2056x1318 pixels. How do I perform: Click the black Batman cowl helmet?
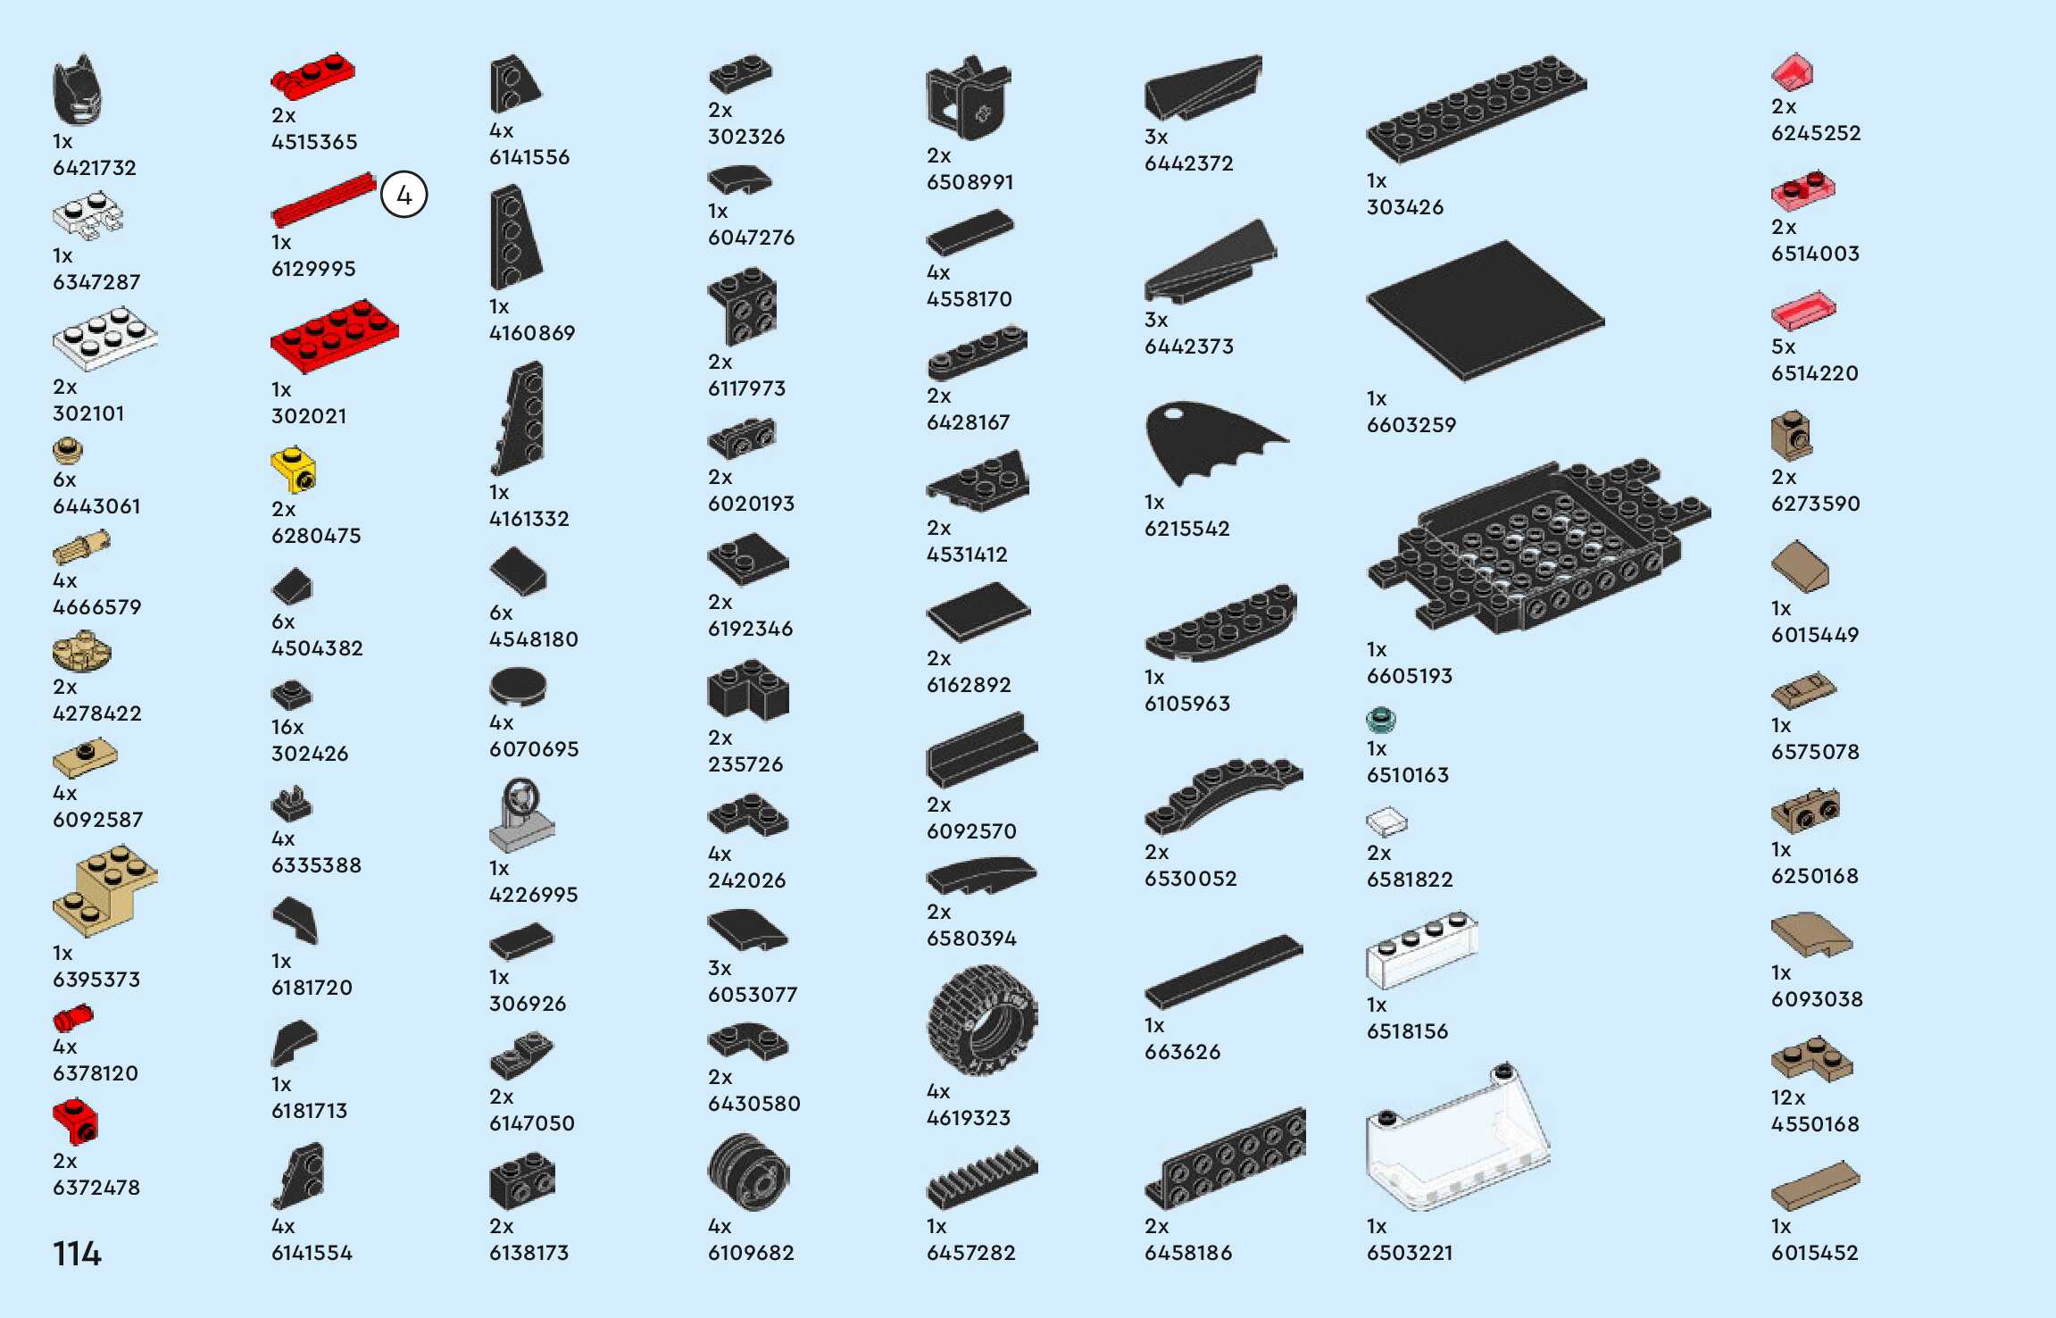click(77, 90)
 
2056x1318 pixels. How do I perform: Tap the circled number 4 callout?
click(404, 196)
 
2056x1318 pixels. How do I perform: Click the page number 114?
click(77, 1254)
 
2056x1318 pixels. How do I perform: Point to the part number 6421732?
click(95, 168)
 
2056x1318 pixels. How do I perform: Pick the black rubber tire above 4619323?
click(981, 1021)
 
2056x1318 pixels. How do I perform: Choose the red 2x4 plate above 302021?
click(334, 336)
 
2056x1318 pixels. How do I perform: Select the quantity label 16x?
click(287, 727)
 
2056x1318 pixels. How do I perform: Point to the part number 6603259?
click(1411, 425)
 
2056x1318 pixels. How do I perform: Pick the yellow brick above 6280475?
click(294, 470)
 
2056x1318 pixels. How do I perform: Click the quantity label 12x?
click(1788, 1097)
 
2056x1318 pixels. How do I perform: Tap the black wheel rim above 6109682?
click(748, 1172)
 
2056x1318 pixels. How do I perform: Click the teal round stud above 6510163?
click(1380, 719)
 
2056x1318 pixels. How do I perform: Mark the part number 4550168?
click(1815, 1124)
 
